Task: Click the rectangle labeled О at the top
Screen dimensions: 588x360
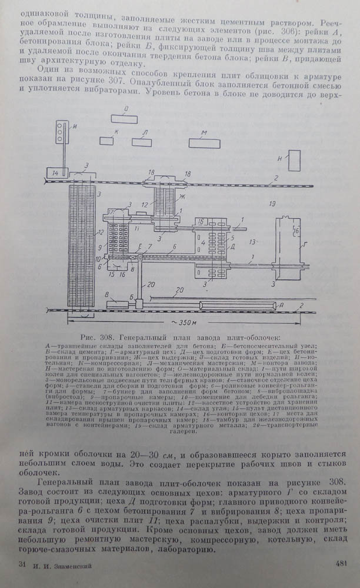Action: (124, 119)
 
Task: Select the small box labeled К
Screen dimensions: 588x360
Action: (106, 141)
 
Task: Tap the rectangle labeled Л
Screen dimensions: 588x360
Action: (142, 142)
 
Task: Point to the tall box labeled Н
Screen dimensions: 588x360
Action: (294, 160)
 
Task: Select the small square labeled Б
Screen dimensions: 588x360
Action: (139, 304)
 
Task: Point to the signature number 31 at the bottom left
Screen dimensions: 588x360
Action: (22, 564)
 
